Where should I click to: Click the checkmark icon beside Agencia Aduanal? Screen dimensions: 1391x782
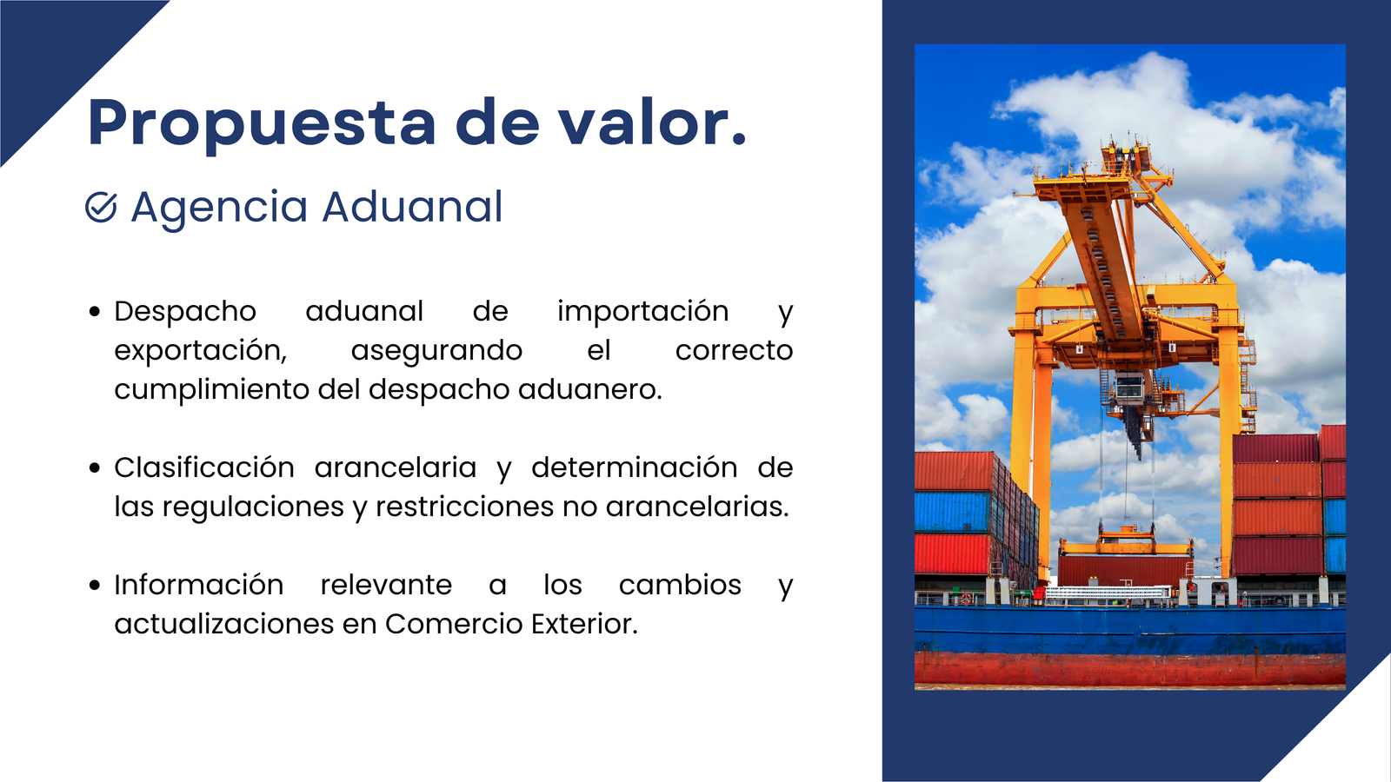tap(101, 207)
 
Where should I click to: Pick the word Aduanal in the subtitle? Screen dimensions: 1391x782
tap(412, 206)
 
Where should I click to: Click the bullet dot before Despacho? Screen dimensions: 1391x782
tap(95, 312)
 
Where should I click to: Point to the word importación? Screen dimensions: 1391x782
tap(642, 312)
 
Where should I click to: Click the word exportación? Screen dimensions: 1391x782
tap(201, 352)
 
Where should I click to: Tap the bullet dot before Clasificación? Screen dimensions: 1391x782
tap(95, 468)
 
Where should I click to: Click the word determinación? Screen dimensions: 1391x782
tap(634, 468)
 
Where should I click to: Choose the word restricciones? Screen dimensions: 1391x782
tap(464, 507)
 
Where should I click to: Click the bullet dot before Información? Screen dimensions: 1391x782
tap(95, 586)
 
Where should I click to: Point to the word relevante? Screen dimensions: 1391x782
tap(386, 586)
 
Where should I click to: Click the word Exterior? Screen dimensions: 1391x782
tap(584, 625)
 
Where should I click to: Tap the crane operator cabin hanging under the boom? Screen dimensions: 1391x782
tap(1130, 388)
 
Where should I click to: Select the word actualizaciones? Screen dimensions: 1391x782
tap(224, 625)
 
